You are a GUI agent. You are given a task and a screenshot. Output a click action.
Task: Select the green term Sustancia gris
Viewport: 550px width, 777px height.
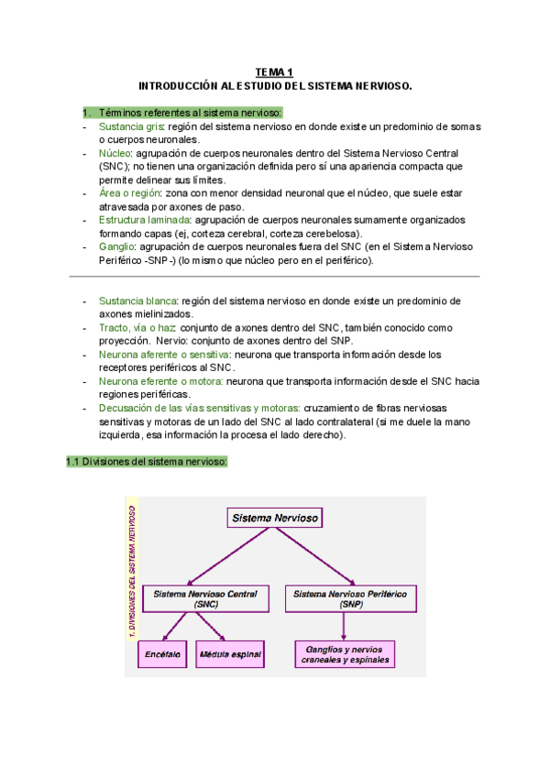[130, 126]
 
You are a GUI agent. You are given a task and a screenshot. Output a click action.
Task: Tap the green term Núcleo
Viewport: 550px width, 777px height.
[115, 153]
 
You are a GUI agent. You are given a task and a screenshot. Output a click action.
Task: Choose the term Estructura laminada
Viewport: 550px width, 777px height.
[145, 220]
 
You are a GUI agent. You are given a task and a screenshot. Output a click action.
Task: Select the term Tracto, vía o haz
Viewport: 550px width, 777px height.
[137, 327]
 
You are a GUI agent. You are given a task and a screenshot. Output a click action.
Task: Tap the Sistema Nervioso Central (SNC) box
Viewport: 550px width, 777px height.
[205, 599]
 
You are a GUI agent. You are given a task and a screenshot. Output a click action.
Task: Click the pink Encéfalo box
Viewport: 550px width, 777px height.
[163, 655]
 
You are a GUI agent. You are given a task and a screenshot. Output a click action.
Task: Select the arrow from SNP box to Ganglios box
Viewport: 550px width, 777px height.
[343, 627]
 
